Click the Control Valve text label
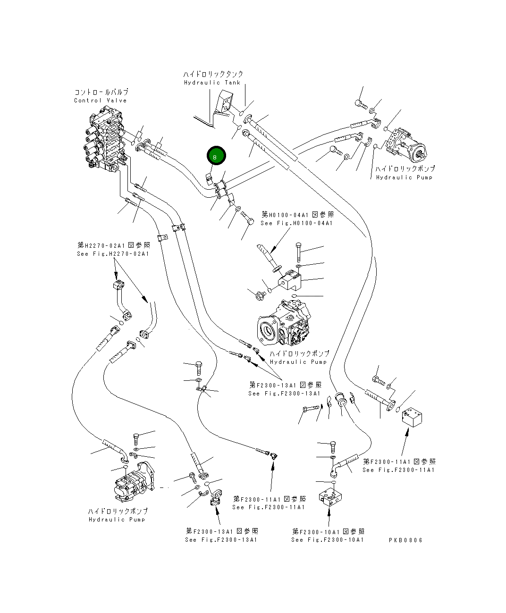[101, 101]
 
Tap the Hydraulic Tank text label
[212, 83]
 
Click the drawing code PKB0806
[405, 540]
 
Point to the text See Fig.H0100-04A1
[296, 223]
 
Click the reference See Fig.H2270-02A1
[113, 254]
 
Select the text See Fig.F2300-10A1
[328, 540]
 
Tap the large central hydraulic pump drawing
[283, 326]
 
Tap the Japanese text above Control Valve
[101, 92]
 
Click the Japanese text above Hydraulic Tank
[213, 74]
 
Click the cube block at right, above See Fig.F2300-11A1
[412, 416]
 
